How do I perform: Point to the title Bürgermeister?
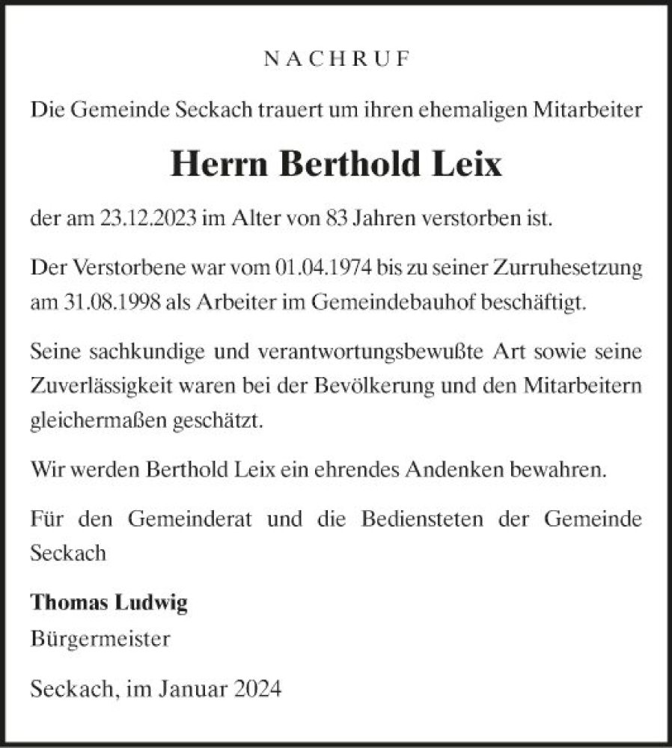coord(101,640)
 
